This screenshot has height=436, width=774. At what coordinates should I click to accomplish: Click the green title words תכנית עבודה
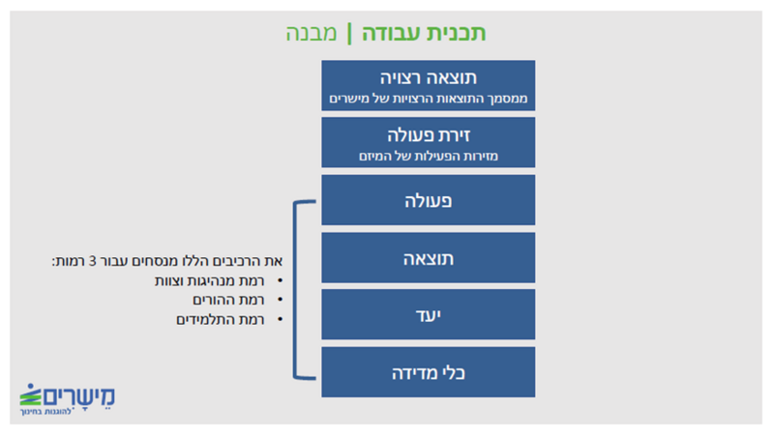[x=424, y=34]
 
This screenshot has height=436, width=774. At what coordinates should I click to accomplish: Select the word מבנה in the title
[x=312, y=34]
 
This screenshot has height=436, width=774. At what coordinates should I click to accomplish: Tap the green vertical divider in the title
[x=349, y=34]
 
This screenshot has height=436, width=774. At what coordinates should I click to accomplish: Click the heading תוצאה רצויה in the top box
[x=428, y=78]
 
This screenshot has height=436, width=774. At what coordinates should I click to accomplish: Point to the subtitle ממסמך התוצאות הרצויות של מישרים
[x=428, y=99]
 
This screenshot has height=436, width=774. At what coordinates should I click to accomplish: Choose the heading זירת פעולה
[x=428, y=135]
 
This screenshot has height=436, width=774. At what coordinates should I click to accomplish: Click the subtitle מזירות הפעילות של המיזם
[x=428, y=157]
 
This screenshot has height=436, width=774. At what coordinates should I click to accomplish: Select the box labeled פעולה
[x=428, y=200]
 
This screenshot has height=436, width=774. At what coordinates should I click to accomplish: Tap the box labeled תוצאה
[x=428, y=257]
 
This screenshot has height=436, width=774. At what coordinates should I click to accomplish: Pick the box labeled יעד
[x=428, y=314]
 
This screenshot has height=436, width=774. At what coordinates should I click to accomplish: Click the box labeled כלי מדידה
[x=428, y=372]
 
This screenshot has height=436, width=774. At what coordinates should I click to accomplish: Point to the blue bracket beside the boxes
[x=295, y=290]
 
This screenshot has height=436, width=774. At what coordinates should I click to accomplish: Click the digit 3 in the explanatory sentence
[x=92, y=261]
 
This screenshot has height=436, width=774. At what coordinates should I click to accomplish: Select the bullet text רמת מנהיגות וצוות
[x=209, y=281]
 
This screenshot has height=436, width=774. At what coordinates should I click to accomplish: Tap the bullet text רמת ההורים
[x=228, y=300]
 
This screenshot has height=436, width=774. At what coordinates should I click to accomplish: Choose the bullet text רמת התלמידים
[x=221, y=320]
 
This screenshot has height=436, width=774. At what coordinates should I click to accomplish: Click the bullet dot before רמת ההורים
[x=280, y=300]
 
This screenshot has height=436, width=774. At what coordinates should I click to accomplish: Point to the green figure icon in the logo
[x=31, y=394]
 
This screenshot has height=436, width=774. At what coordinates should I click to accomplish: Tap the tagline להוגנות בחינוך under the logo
[x=46, y=411]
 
